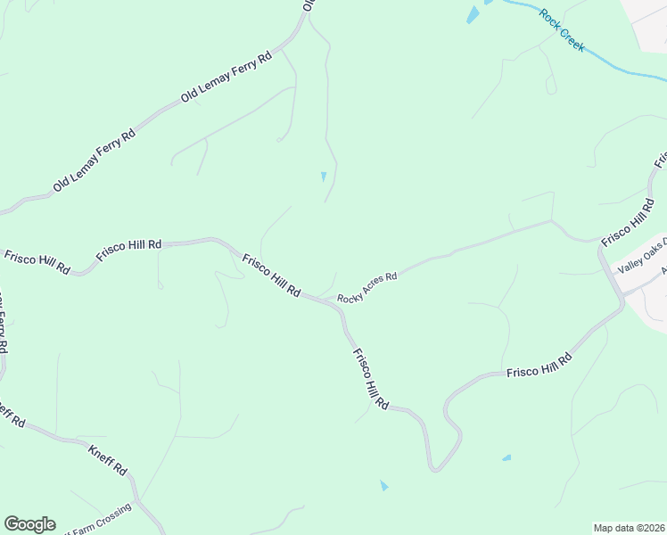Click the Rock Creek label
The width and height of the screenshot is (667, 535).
(562, 29)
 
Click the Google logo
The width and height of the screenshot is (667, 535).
(29, 524)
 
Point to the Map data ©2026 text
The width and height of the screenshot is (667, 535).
(629, 528)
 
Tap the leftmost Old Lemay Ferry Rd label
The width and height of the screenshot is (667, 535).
(94, 160)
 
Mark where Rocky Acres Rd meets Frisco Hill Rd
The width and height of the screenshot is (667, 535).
(335, 301)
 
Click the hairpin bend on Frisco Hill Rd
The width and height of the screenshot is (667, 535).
(435, 465)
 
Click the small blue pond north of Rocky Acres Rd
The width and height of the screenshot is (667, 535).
(324, 177)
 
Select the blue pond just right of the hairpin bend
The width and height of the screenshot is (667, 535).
(506, 458)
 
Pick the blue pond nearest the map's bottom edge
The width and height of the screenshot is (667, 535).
(384, 486)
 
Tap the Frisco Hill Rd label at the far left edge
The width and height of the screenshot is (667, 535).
(37, 261)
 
